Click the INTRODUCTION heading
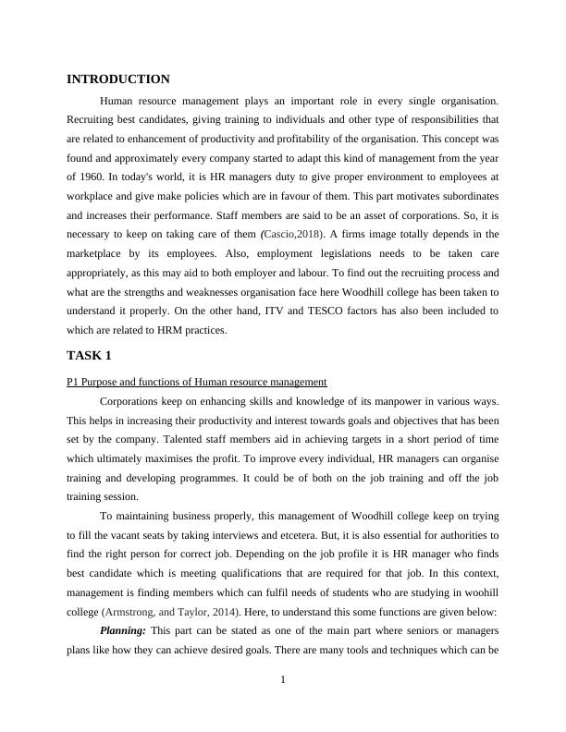coord(118,79)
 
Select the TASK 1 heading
coord(91,355)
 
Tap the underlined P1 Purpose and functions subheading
coord(197,382)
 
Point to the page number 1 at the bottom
coord(283,681)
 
